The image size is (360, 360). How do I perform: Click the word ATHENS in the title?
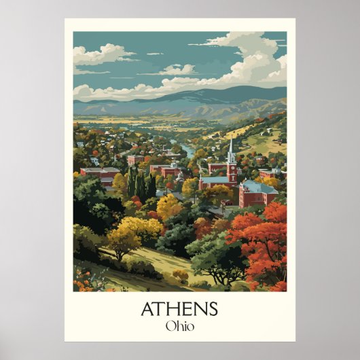pos(179,308)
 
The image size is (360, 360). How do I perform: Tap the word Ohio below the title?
pos(179,325)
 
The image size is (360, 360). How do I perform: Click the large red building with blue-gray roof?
pos(257,194)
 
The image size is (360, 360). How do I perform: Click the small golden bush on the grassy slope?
pos(180,275)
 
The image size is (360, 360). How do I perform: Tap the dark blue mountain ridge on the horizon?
pos(204,95)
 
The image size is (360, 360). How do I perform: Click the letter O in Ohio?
pos(168,325)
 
